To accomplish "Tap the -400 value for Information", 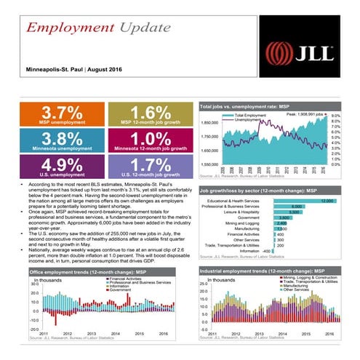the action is pos(268,251).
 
